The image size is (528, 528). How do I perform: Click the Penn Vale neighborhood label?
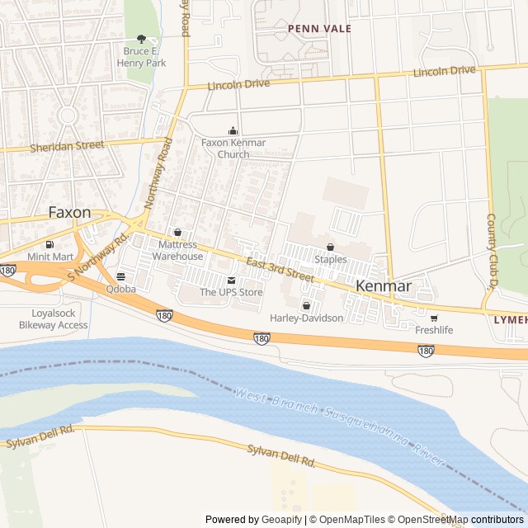coord(319,29)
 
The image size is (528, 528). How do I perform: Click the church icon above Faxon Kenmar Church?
coord(233,130)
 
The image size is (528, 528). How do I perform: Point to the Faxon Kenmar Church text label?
coord(233,148)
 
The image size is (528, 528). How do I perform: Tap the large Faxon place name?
coord(69,212)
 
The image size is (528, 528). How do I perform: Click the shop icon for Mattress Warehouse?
coord(177,233)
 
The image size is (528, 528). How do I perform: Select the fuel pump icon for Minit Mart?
coord(51,244)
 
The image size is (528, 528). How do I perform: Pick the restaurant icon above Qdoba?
coord(121,276)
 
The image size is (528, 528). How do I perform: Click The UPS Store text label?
coord(231,292)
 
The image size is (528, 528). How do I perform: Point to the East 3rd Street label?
coord(280,270)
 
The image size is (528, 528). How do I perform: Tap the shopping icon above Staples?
coord(331,247)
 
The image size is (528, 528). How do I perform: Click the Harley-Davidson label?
coord(306,318)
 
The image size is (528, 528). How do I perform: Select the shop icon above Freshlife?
coord(434,318)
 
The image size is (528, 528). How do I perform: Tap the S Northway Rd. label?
coord(101,256)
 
